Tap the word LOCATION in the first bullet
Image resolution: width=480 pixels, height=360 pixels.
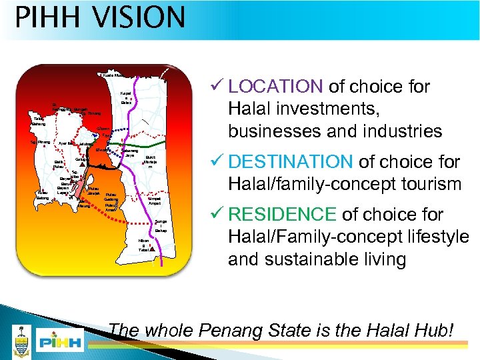coord(275,87)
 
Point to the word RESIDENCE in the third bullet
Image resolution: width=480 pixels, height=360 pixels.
coord(283,215)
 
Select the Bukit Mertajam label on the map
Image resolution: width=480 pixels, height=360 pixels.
coord(151,161)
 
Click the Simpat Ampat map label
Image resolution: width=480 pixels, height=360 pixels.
coord(154,201)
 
